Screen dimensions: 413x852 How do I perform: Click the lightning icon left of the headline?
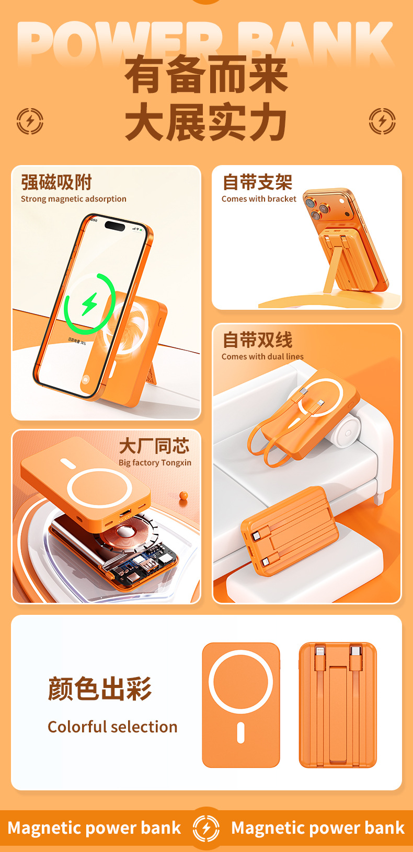(30, 121)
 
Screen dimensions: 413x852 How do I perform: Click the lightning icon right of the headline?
(382, 121)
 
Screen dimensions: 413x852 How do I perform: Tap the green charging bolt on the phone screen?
(90, 304)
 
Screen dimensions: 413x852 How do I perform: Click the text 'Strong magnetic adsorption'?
(74, 199)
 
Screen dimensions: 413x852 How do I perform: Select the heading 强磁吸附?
(56, 182)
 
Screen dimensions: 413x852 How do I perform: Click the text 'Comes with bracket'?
(259, 199)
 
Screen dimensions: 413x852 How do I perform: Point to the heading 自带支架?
(257, 182)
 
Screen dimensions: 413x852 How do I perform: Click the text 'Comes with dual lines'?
(262, 357)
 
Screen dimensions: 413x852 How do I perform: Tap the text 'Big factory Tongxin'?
(155, 463)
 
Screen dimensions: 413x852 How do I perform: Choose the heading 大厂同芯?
(154, 446)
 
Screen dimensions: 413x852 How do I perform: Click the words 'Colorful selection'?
(113, 727)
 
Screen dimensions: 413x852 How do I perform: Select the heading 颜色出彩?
(100, 689)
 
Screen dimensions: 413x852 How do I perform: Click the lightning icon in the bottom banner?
(206, 828)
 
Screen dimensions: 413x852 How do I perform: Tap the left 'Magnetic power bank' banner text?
(95, 828)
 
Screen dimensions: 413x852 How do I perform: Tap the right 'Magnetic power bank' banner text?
(318, 828)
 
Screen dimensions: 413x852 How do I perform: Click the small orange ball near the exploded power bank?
(183, 495)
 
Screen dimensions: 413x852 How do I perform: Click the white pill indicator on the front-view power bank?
(240, 732)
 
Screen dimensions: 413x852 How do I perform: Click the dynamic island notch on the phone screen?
(115, 226)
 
